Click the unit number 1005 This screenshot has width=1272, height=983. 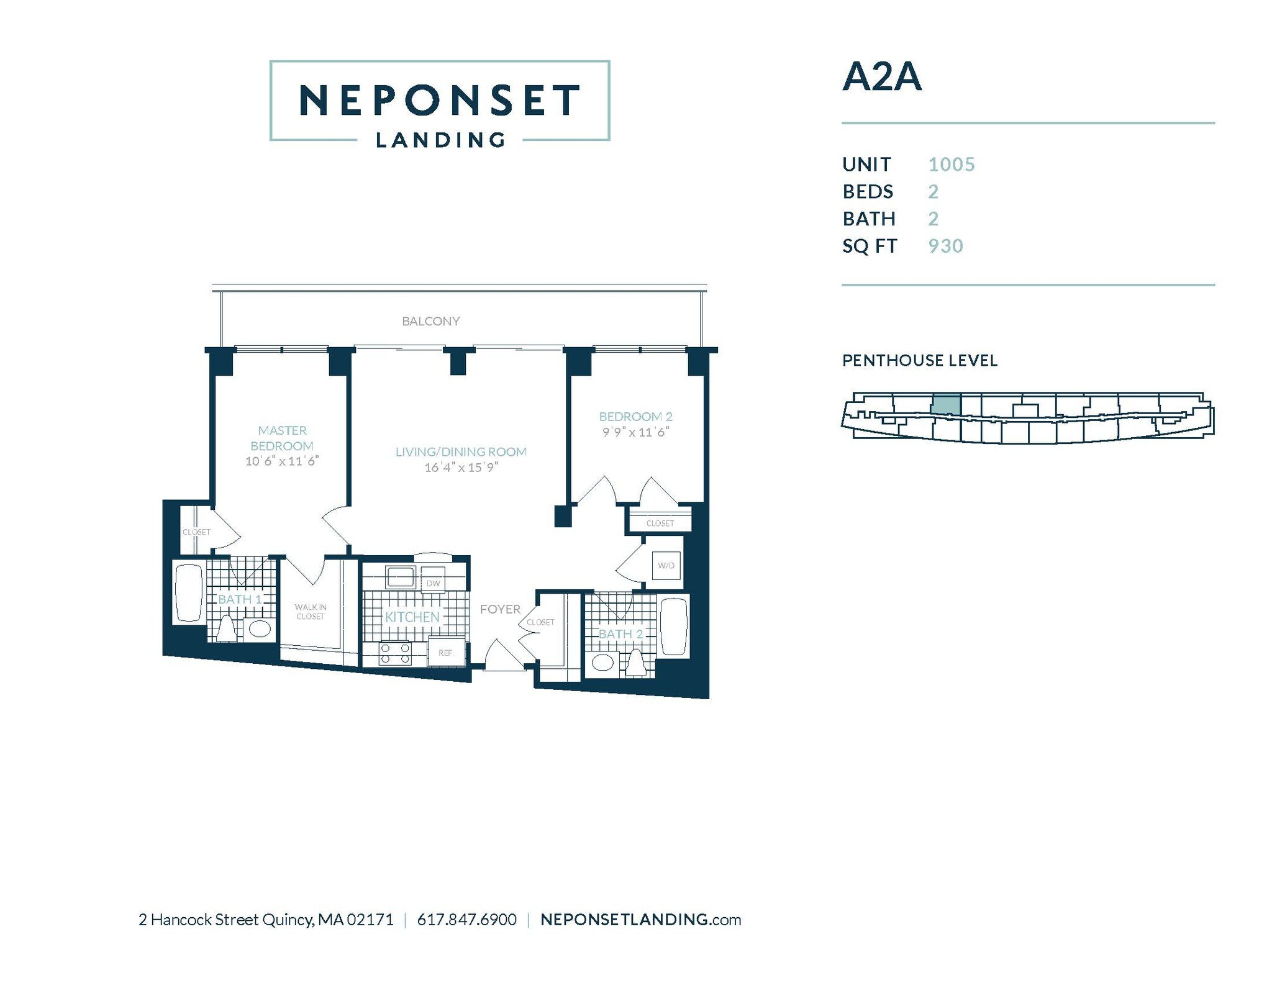(951, 165)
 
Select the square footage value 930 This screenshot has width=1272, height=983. (945, 247)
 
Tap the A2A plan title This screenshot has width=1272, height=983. (881, 77)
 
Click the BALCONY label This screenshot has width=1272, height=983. (430, 321)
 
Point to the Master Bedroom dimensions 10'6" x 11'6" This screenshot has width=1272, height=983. (281, 461)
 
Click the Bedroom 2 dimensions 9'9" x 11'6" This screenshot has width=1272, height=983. (635, 432)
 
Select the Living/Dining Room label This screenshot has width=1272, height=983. (461, 452)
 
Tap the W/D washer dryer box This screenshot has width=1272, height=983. (666, 566)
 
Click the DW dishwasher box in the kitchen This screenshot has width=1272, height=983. (433, 582)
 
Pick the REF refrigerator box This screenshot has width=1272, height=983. (445, 653)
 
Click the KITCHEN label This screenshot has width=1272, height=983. (412, 617)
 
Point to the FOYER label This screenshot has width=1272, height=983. (500, 609)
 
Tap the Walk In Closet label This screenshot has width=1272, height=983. (311, 612)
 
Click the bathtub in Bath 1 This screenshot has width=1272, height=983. (188, 592)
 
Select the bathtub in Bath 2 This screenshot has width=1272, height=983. (674, 626)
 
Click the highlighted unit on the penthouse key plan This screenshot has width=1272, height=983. (945, 404)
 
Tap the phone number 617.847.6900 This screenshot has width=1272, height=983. (466, 920)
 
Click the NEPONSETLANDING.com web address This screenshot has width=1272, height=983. (640, 920)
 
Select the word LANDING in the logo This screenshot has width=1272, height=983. (440, 140)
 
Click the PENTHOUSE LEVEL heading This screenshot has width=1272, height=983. (919, 361)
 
